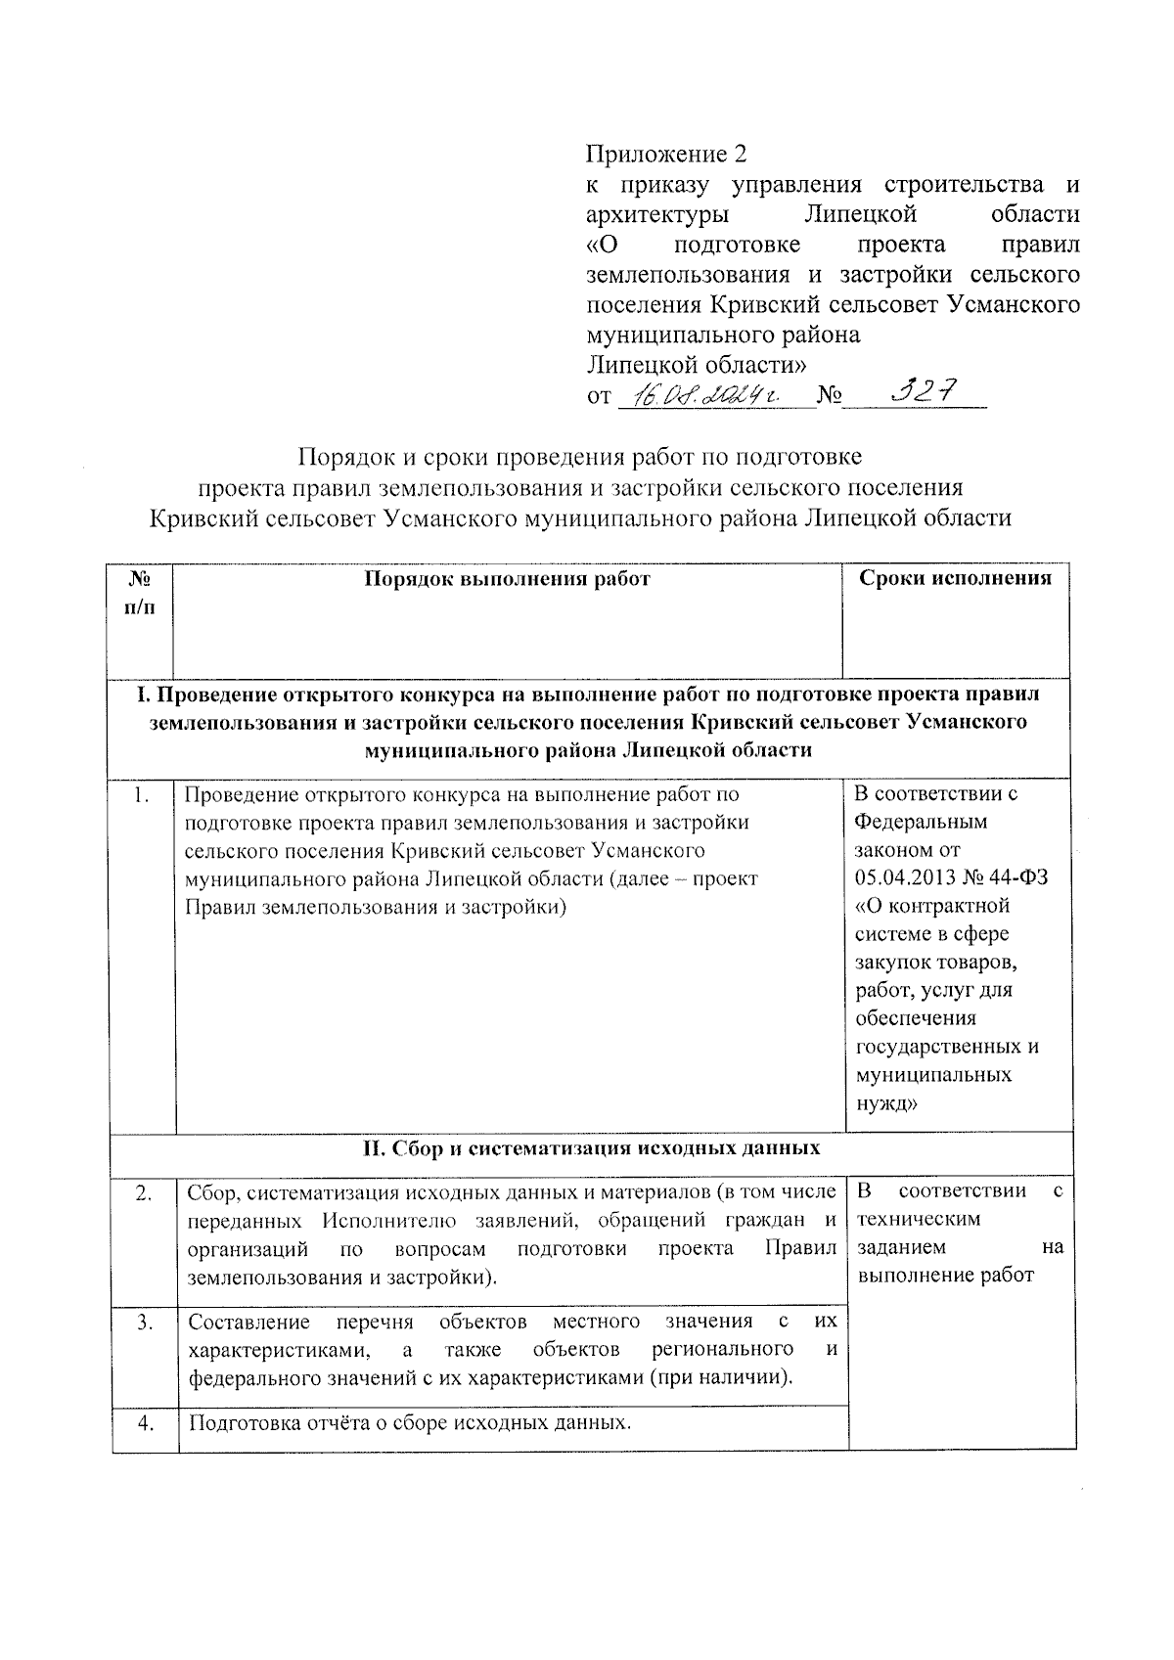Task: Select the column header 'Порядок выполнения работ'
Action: click(x=507, y=578)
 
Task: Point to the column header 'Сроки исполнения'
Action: click(x=955, y=577)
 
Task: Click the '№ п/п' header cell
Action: click(x=141, y=593)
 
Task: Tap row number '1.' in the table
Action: click(x=143, y=794)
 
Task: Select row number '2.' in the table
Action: click(x=143, y=1192)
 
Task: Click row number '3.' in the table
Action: click(x=143, y=1323)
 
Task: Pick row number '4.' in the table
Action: click(x=143, y=1422)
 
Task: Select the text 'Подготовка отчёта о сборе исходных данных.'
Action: click(x=410, y=1422)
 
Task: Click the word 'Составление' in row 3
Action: click(x=248, y=1323)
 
